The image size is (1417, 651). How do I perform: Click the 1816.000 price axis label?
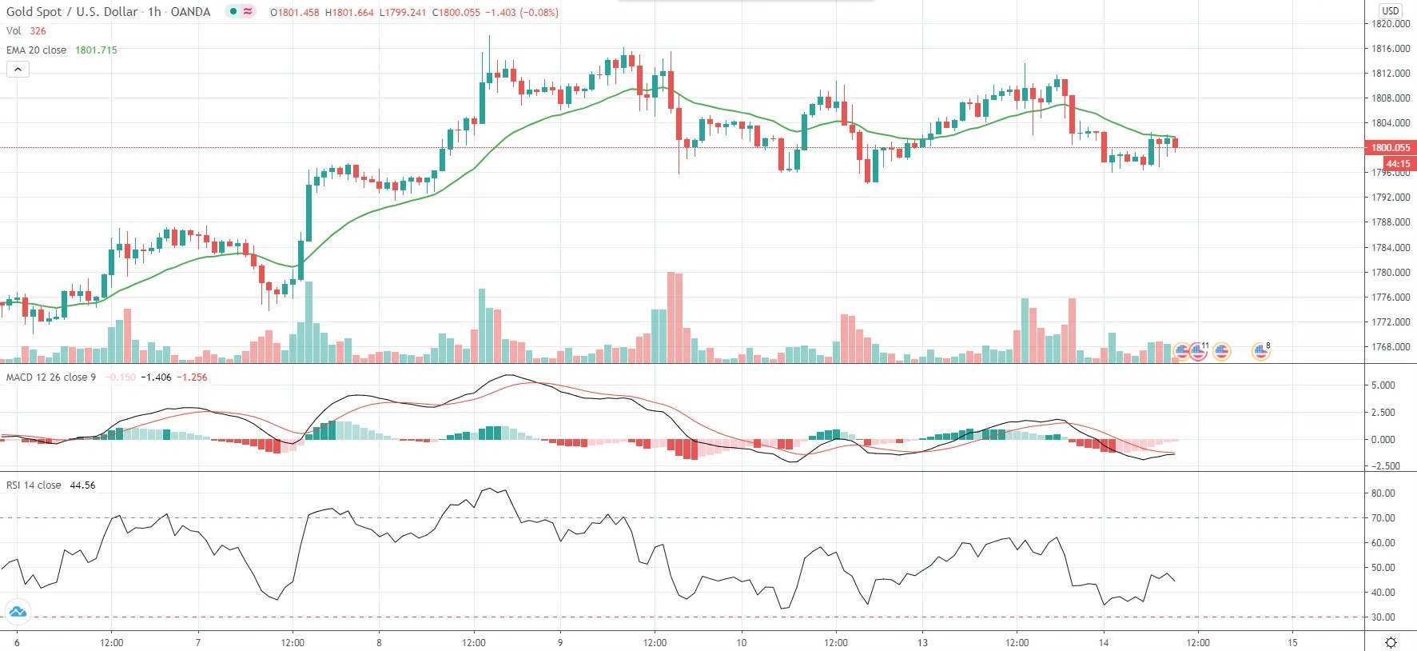(1390, 49)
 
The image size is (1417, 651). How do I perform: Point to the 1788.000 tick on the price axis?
(1390, 222)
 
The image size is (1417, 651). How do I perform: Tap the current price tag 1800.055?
(1391, 148)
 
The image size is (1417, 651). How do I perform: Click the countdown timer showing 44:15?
(1397, 164)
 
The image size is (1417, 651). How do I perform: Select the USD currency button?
(1391, 10)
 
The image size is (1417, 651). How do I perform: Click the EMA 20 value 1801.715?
(96, 50)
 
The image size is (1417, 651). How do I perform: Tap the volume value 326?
(38, 31)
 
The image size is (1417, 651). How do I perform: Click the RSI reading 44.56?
(82, 485)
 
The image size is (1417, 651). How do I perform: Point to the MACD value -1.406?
(156, 377)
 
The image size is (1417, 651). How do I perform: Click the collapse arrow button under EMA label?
(18, 70)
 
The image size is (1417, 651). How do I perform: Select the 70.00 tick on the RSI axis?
(1383, 518)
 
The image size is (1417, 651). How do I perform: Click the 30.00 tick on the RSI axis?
(1383, 617)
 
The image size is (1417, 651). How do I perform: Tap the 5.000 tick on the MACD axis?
(1383, 385)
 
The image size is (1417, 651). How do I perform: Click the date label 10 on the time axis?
(741, 642)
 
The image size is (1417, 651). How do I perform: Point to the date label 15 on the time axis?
(1292, 642)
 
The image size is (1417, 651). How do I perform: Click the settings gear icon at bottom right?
(1391, 642)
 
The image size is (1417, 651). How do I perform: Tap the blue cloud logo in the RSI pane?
(17, 613)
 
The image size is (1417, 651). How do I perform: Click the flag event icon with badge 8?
(1260, 350)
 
